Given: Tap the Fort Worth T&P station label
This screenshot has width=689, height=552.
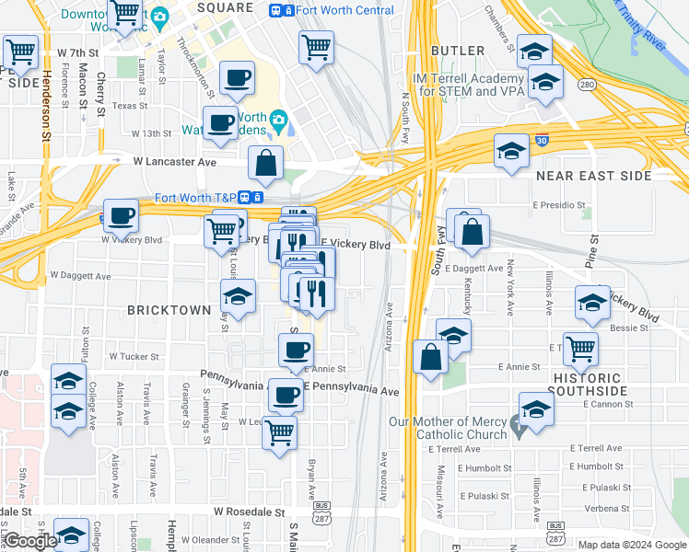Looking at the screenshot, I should (x=195, y=197).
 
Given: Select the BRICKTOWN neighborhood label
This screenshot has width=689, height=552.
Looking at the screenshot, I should (x=169, y=310).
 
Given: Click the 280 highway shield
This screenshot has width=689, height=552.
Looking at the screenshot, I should (x=586, y=86).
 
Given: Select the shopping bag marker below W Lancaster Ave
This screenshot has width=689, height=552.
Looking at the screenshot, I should (x=265, y=164).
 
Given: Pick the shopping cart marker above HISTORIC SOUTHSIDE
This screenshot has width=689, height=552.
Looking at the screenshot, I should (x=580, y=349).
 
